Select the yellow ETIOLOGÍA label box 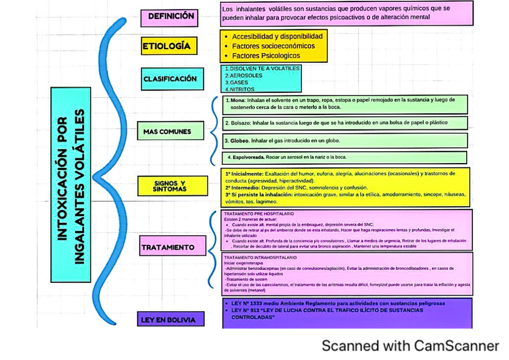pyautogui.click(x=169, y=46)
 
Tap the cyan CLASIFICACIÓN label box pyautogui.click(x=170, y=79)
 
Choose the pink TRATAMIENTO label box pyautogui.click(x=168, y=247)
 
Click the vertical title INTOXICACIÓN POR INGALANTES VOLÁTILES pyautogui.click(x=70, y=185)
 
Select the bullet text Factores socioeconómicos pyautogui.click(x=273, y=46)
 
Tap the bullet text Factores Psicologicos pyautogui.click(x=266, y=56)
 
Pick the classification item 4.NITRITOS pyautogui.click(x=240, y=90)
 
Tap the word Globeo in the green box pyautogui.click(x=240, y=141)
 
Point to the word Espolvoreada pyautogui.click(x=249, y=157)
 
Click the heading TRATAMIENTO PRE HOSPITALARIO pyautogui.click(x=259, y=214)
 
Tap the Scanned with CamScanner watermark pyautogui.click(x=410, y=346)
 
